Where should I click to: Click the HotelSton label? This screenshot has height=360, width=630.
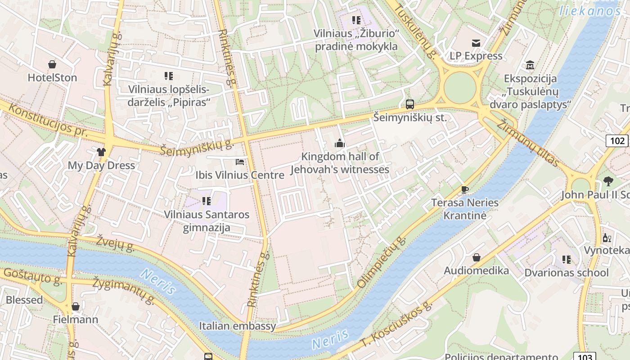point(52,77)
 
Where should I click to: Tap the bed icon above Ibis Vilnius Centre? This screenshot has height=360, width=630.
point(240,162)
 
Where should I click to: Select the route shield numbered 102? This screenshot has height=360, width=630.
point(617,141)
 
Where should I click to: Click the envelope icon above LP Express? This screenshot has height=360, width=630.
point(476,43)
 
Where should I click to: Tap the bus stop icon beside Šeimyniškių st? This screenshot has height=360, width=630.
point(409,104)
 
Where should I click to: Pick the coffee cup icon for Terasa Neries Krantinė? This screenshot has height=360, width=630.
point(465,189)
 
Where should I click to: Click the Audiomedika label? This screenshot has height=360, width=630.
point(476,270)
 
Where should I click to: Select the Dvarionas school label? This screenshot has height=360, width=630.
point(566,273)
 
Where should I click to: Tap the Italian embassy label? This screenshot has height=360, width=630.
point(238,325)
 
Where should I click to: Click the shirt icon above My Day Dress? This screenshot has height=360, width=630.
point(101,152)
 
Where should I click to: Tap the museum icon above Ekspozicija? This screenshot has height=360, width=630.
point(530,65)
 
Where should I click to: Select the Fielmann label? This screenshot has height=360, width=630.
point(75,319)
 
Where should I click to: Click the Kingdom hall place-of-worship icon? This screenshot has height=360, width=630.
point(340,144)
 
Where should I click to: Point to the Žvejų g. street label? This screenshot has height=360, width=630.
point(115,243)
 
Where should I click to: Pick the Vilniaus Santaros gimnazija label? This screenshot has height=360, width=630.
point(207,221)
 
